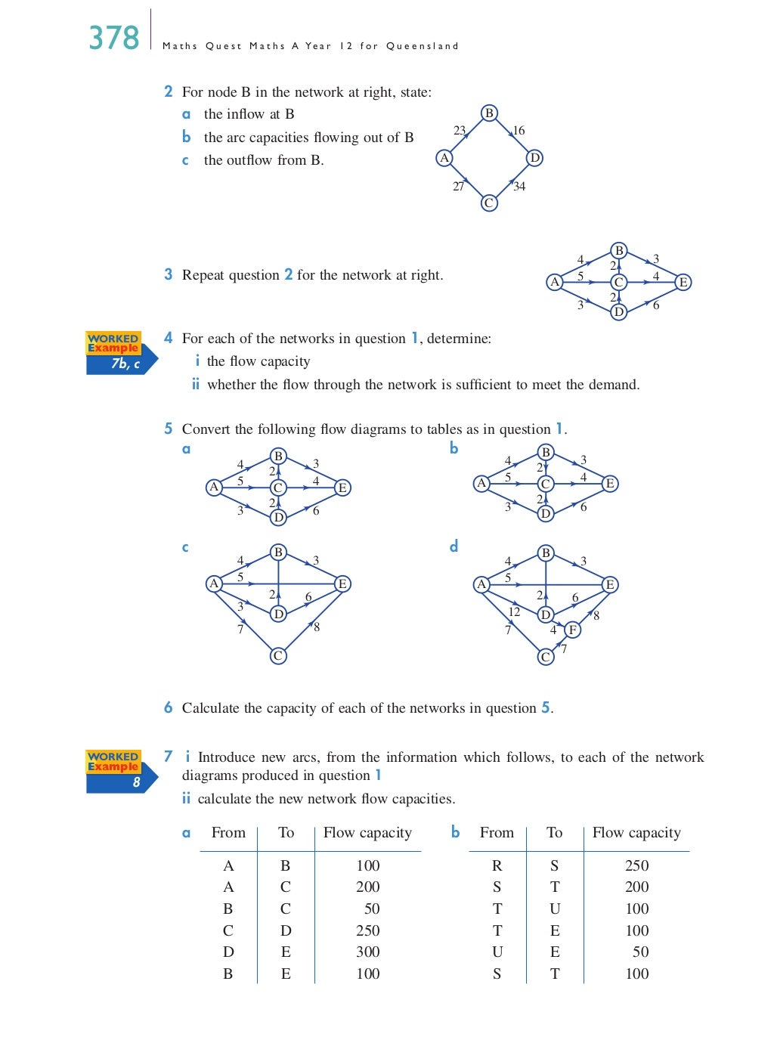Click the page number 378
click(x=114, y=38)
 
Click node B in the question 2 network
click(x=489, y=113)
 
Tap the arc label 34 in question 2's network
click(x=519, y=187)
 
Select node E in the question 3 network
click(x=683, y=282)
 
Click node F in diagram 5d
click(x=572, y=630)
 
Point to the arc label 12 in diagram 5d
click(x=514, y=612)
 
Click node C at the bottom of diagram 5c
click(x=278, y=655)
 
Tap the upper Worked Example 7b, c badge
click(x=121, y=353)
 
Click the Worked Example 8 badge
click(x=121, y=771)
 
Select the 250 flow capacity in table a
click(x=368, y=930)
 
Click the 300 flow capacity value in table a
click(x=368, y=952)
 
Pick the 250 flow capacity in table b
click(x=636, y=865)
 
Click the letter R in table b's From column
click(x=497, y=865)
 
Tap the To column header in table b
click(x=554, y=832)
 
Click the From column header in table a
click(x=228, y=832)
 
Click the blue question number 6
click(x=168, y=707)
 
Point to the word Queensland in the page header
click(x=422, y=46)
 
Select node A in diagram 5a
click(x=214, y=487)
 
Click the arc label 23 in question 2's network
click(x=460, y=131)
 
